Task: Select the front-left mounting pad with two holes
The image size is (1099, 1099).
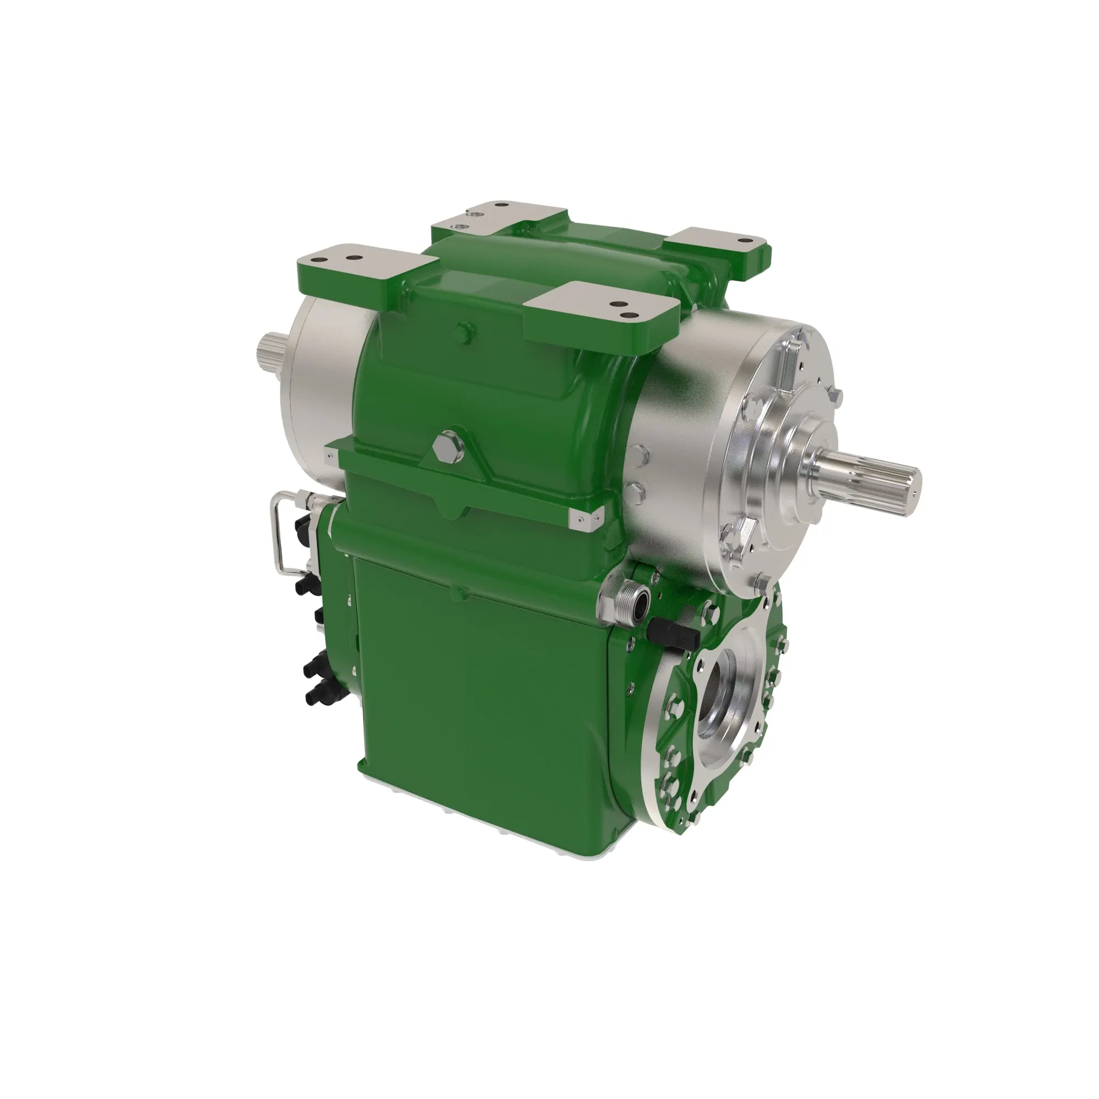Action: coord(367,268)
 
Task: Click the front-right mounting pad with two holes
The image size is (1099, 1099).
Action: coord(602,310)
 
